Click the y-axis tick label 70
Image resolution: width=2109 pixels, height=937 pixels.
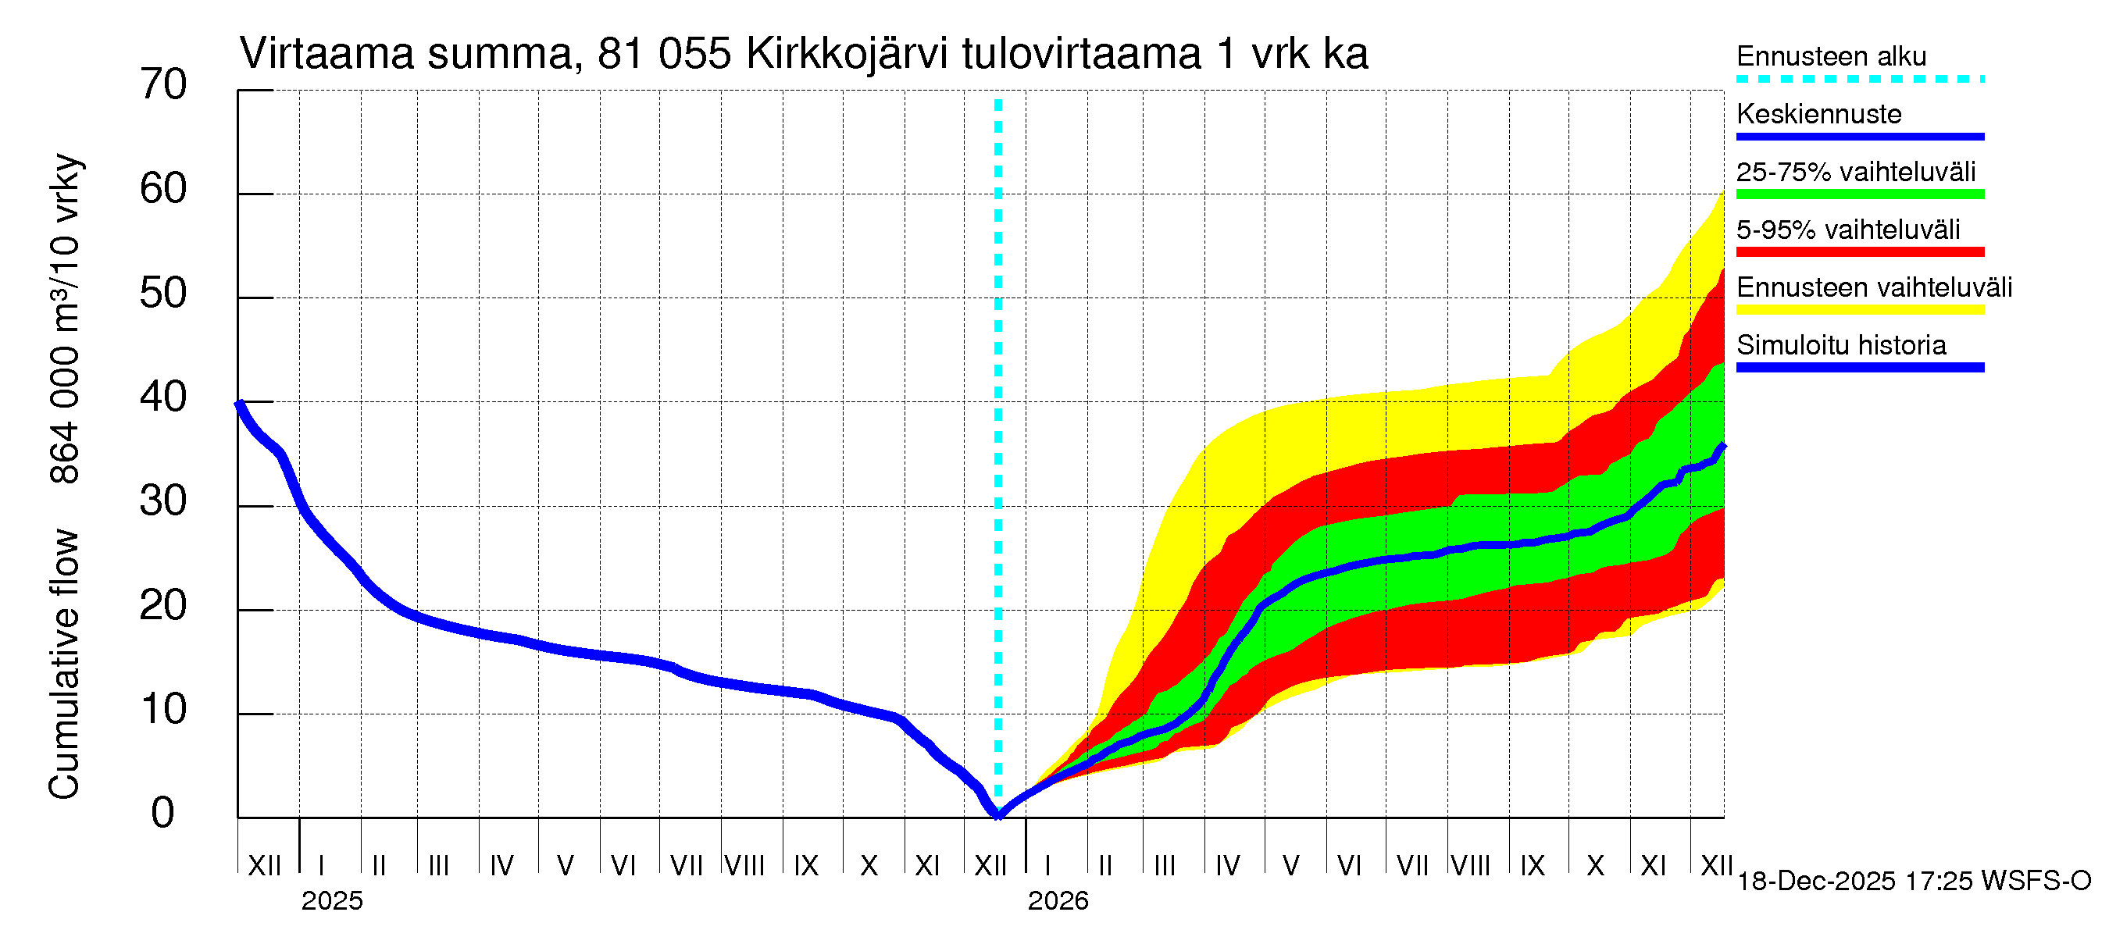(x=163, y=84)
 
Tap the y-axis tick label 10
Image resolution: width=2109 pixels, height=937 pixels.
(x=163, y=710)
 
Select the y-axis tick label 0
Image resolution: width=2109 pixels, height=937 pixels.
(x=163, y=814)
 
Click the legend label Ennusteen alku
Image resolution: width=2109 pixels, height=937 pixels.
(x=1831, y=56)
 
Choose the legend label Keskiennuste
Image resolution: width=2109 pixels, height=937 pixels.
(x=1818, y=114)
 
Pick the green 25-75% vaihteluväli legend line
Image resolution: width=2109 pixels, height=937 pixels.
(x=1859, y=194)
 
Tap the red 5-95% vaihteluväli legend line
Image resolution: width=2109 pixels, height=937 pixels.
(x=1859, y=252)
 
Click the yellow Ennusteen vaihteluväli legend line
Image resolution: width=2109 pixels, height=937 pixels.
(x=1859, y=309)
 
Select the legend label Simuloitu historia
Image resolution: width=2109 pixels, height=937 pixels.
(x=1840, y=345)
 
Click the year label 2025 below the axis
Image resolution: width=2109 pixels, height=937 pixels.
(x=331, y=901)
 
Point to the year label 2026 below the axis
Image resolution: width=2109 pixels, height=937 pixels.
(x=1058, y=901)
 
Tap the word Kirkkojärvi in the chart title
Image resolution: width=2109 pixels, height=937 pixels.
(x=847, y=55)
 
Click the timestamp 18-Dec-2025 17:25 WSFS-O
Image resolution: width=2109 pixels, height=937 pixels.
(x=1913, y=882)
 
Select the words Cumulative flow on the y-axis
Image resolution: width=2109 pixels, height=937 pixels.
(x=64, y=664)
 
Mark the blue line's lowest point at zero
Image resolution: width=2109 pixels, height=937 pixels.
(x=998, y=815)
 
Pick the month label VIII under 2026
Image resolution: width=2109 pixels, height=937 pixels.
(x=1470, y=866)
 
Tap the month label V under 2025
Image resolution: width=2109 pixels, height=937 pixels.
(x=565, y=866)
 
